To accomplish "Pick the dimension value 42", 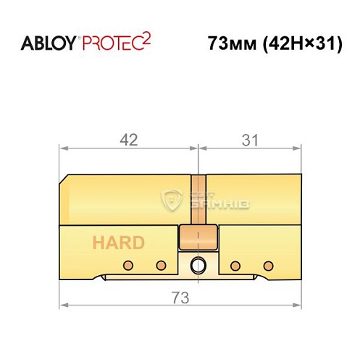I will (x=128, y=140).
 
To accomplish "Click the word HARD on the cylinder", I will (x=117, y=243).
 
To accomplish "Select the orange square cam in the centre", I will (x=192, y=236).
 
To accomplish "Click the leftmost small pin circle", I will (x=127, y=264).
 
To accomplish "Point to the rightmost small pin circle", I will (x=268, y=264).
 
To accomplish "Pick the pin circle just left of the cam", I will (x=162, y=264).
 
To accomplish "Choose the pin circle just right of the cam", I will (x=235, y=264).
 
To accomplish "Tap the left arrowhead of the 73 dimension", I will (x=63, y=307).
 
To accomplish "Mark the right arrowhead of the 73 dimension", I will (x=297, y=307).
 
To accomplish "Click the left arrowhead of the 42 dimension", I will (x=63, y=148).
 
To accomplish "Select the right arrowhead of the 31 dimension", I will (x=297, y=148).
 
